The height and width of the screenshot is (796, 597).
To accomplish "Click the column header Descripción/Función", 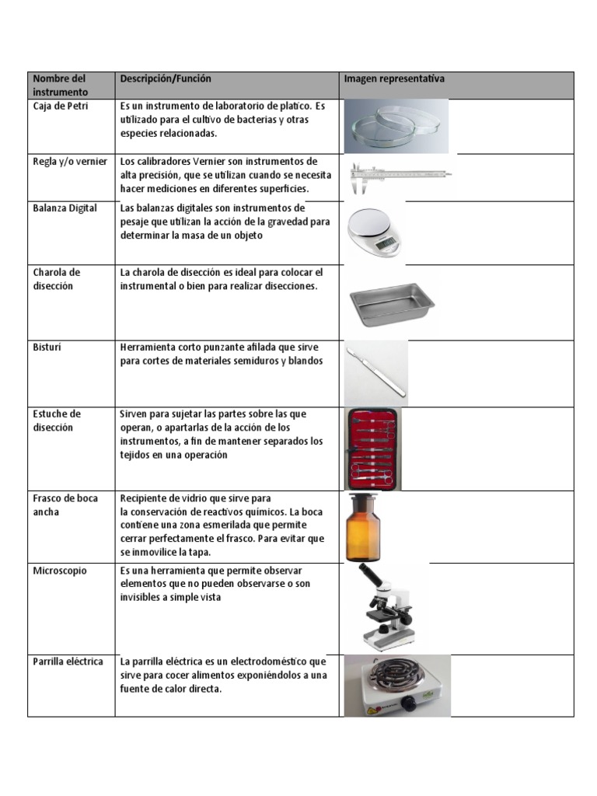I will pos(166,79).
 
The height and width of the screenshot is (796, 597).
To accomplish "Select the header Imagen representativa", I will pos(394,79).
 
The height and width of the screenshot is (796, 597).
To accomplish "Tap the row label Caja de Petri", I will pos(61,106).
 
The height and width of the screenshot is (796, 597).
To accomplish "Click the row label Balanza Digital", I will pos(65,208).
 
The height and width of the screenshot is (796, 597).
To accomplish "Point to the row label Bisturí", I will pos(47,347).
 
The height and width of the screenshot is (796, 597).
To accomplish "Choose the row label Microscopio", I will pos(60,571).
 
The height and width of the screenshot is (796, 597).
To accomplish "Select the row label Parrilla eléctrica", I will pos(68,662).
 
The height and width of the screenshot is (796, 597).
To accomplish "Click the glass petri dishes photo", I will pos(396,126).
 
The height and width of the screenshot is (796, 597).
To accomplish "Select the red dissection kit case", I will pos(373,449).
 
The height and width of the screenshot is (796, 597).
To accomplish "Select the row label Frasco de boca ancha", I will pos(65,505).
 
